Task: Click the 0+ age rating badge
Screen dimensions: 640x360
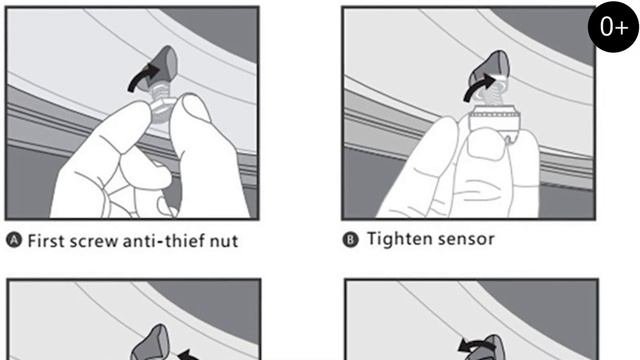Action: pos(613,27)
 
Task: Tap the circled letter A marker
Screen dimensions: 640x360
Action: pos(14,240)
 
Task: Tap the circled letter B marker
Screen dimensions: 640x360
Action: pos(350,240)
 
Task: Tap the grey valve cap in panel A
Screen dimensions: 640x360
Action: pos(162,67)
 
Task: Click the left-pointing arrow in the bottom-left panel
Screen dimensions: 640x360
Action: pos(189,354)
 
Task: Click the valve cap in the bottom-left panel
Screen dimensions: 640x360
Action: pos(152,343)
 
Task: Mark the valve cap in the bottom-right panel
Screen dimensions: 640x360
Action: pos(490,348)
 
